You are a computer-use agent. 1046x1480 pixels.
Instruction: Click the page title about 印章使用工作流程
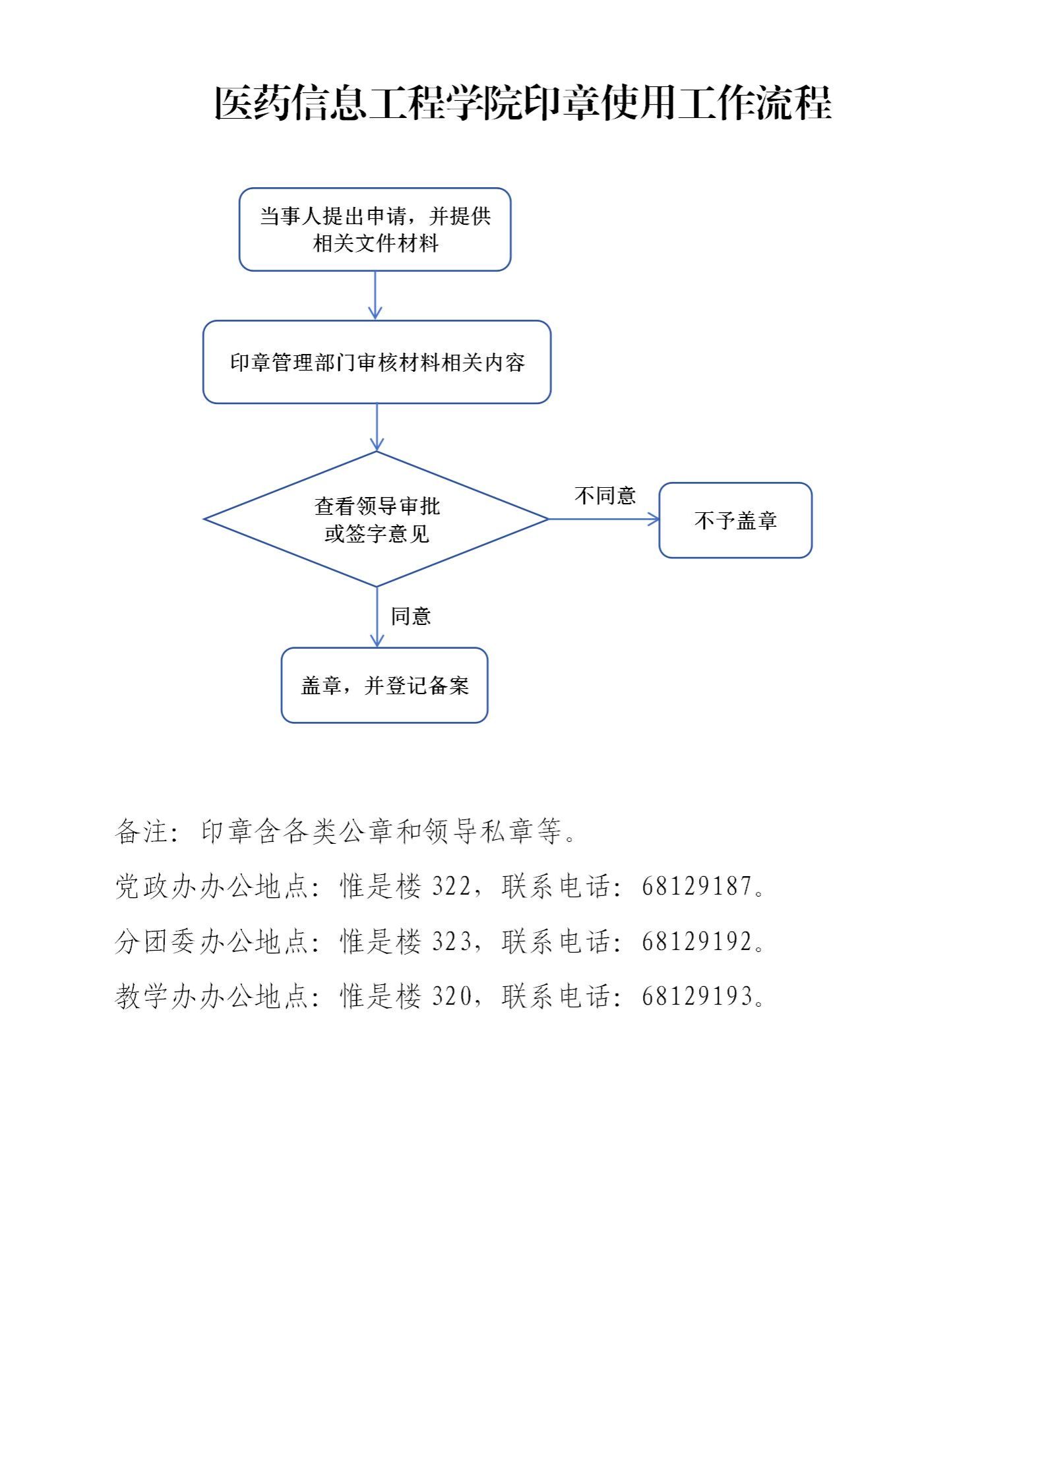click(x=522, y=103)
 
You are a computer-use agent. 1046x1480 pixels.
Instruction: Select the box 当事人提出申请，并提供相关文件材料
click(x=375, y=229)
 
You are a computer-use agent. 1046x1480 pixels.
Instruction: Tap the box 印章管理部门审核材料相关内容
click(x=377, y=362)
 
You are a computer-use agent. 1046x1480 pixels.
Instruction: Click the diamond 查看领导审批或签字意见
click(x=377, y=519)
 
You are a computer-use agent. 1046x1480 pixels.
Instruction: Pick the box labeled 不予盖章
click(x=735, y=520)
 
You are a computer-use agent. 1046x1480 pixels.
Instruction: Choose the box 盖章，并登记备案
click(x=385, y=685)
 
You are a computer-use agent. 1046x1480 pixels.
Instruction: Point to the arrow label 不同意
click(x=605, y=495)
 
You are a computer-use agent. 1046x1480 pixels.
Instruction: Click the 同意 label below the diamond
click(x=411, y=616)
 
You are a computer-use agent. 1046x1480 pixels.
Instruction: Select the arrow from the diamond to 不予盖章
click(x=603, y=519)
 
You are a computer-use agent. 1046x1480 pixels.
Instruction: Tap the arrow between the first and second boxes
click(x=375, y=295)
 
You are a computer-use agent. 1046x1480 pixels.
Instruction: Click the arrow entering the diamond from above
click(x=377, y=427)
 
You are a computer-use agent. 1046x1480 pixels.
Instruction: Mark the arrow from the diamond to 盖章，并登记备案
click(x=377, y=617)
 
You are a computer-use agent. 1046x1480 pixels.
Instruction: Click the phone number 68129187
click(x=697, y=886)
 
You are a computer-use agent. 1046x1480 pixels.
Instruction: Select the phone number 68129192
click(x=697, y=941)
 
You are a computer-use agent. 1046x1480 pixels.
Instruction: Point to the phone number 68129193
click(x=697, y=996)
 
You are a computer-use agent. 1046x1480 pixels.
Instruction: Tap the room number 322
click(x=451, y=886)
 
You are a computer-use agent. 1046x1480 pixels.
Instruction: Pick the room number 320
click(x=451, y=996)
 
